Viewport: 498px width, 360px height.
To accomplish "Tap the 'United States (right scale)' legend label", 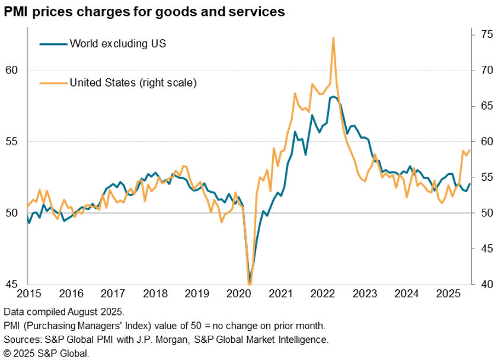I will click(x=133, y=82).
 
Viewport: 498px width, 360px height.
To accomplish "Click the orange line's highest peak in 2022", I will click(x=333, y=38).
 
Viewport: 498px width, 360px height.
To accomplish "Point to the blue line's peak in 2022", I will click(x=333, y=96).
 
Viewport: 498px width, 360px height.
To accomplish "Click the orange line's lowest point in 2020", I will click(x=249, y=284).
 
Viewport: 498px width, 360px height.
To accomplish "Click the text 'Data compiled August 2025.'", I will click(x=63, y=311).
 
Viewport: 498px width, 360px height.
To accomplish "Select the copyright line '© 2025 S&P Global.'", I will click(x=46, y=353).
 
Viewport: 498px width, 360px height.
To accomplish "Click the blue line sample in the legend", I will click(x=52, y=43).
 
